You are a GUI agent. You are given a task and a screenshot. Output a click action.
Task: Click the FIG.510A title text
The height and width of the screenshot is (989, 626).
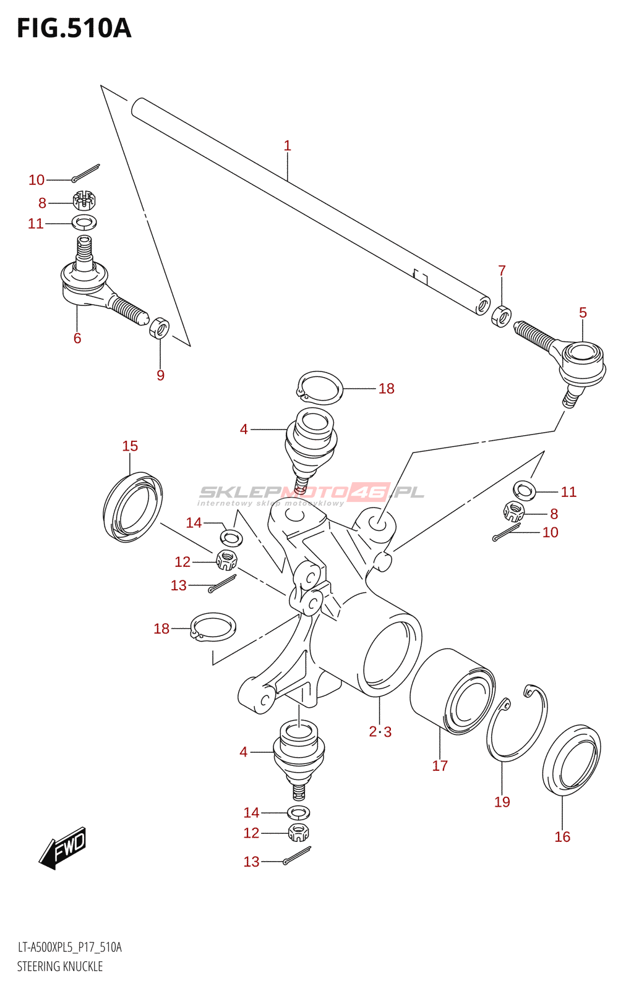(74, 28)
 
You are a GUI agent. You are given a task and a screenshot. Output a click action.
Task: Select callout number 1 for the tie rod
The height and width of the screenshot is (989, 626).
(288, 146)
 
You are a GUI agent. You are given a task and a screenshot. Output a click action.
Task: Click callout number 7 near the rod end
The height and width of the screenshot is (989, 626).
(502, 271)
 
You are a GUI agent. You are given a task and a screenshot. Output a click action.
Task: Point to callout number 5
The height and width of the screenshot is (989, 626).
(583, 313)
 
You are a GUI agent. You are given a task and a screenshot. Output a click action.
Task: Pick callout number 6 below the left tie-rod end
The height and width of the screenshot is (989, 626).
(77, 338)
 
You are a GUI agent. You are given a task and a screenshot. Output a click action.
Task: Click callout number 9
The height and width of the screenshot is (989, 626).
(160, 375)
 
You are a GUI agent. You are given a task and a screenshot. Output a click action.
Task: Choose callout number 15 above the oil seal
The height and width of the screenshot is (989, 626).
(131, 446)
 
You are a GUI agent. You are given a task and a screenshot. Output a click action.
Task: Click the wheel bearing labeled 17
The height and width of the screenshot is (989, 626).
(452, 692)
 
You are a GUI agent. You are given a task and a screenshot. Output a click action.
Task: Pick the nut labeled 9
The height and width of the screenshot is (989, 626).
(159, 328)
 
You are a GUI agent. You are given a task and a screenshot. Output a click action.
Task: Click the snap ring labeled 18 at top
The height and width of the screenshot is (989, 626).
(319, 387)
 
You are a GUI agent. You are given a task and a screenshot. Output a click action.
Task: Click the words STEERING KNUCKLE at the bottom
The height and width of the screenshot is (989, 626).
(59, 967)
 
